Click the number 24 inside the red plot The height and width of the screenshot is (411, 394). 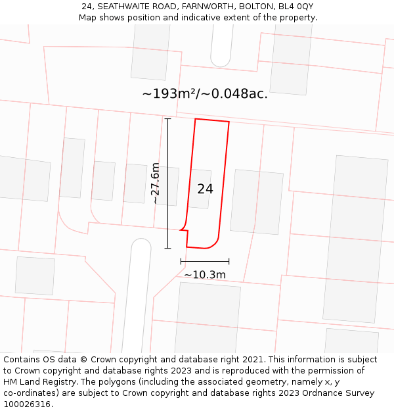pyautogui.click(x=205, y=189)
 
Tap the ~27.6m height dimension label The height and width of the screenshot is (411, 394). pyautogui.click(x=156, y=183)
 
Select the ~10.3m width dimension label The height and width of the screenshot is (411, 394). pyautogui.click(x=205, y=275)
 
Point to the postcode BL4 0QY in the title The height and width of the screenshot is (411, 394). pyautogui.click(x=296, y=6)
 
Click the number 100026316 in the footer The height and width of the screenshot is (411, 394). pyautogui.click(x=27, y=404)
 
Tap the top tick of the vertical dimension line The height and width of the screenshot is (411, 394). pyautogui.click(x=167, y=118)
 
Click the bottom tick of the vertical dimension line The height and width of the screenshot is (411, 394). pyautogui.click(x=167, y=248)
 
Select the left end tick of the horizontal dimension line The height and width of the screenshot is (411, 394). pyautogui.click(x=181, y=261)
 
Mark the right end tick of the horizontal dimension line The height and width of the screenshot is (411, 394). pyautogui.click(x=229, y=261)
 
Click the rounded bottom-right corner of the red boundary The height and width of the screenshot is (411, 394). pyautogui.click(x=214, y=245)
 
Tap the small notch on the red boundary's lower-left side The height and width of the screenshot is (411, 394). pyautogui.click(x=183, y=230)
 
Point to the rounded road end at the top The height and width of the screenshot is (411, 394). pyautogui.click(x=221, y=63)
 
